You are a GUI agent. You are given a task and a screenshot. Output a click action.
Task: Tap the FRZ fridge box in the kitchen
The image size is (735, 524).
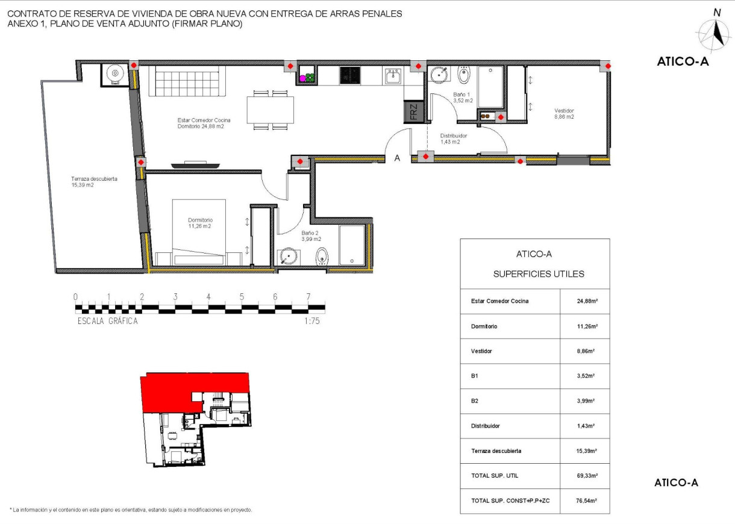pyautogui.click(x=414, y=111)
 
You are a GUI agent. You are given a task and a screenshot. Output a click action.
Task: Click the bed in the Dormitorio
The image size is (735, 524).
pyautogui.click(x=199, y=232)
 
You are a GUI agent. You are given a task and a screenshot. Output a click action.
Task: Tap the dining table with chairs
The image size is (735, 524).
pyautogui.click(x=271, y=110)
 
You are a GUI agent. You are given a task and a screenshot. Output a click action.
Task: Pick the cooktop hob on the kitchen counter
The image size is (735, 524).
pyautogui.click(x=349, y=75)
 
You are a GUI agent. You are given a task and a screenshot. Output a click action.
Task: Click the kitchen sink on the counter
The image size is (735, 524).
pyautogui.click(x=393, y=76)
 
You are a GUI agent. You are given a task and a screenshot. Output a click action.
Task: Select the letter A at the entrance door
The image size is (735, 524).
pyautogui.click(x=398, y=158)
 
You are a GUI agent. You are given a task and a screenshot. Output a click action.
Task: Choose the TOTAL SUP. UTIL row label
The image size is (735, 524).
pyautogui.click(x=494, y=476)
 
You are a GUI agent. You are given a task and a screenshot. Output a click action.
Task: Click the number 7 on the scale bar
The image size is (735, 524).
pyautogui.click(x=308, y=297)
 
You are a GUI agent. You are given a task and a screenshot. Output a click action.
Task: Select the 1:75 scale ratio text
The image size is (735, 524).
pyautogui.click(x=312, y=322)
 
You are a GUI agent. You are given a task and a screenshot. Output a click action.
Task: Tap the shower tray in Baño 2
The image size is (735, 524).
pyautogui.click(x=352, y=245)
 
